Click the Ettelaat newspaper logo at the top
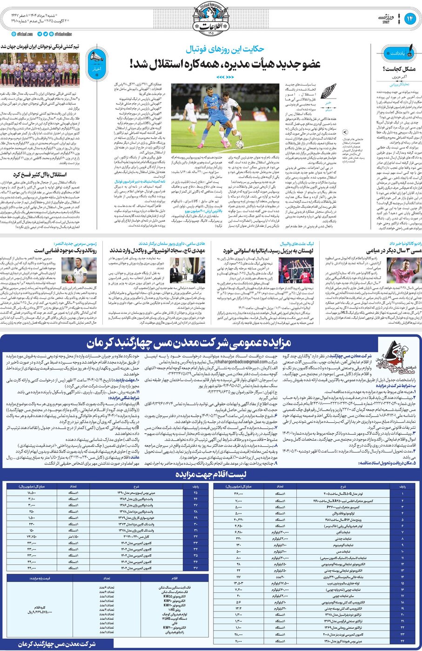click(211, 18)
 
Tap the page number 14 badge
click(409, 19)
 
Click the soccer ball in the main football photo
click(240, 144)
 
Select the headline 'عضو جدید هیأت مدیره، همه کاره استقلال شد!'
click(225, 64)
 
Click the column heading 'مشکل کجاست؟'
click(399, 69)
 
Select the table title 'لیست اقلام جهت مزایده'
click(211, 475)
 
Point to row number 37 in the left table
click(195, 568)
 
